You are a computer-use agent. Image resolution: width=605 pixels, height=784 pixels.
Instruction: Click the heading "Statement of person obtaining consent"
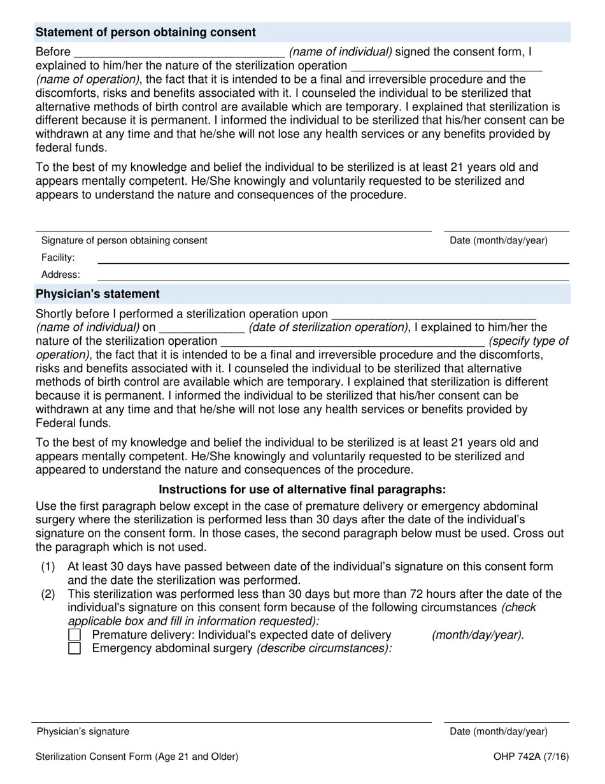click(146, 33)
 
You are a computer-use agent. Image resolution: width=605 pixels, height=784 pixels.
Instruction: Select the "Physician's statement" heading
click(97, 294)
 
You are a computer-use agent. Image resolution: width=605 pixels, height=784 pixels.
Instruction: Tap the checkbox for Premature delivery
click(75, 635)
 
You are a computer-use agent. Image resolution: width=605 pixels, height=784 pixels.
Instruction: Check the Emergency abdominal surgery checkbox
click(75, 649)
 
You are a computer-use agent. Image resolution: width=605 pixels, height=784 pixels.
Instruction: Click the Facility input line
click(332, 259)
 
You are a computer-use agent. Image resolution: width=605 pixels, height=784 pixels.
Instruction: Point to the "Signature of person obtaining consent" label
click(124, 240)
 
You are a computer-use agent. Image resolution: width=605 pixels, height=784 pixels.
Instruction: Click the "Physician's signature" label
click(83, 731)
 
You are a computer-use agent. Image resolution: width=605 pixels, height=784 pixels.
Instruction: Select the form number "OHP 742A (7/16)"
click(530, 757)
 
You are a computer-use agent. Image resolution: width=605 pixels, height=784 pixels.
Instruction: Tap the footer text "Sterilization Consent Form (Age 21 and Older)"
click(137, 757)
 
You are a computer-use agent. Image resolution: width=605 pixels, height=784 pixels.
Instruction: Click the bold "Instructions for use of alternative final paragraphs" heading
click(302, 490)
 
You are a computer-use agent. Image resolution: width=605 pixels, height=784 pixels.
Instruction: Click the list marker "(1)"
click(48, 567)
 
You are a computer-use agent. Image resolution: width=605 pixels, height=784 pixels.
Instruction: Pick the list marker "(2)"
click(48, 594)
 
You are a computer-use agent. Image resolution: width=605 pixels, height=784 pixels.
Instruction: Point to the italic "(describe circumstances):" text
click(324, 648)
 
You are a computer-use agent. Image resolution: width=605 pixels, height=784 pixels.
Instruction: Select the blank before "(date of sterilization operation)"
click(201, 328)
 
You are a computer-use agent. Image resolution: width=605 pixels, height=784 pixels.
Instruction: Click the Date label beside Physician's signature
click(498, 731)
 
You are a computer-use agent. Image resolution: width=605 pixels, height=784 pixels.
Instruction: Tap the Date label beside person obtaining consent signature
click(498, 240)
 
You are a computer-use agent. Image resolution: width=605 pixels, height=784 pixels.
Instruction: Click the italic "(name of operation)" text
click(88, 79)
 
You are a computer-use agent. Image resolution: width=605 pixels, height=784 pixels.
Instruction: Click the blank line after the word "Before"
click(180, 52)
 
